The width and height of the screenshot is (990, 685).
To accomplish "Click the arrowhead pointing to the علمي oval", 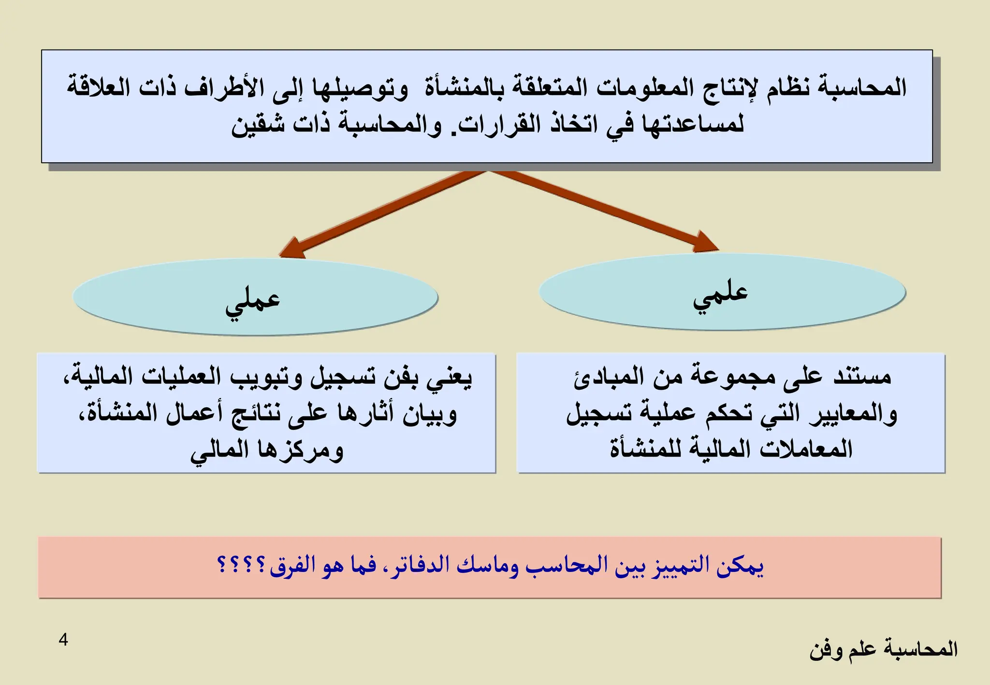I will point(704,243).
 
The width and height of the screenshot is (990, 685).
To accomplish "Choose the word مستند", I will point(862,376).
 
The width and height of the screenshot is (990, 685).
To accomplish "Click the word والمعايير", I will point(854,414).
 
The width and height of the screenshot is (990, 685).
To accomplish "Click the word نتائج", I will point(256,414).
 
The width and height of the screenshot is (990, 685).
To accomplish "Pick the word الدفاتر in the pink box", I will point(420,566).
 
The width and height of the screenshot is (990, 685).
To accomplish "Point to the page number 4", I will point(63,640).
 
